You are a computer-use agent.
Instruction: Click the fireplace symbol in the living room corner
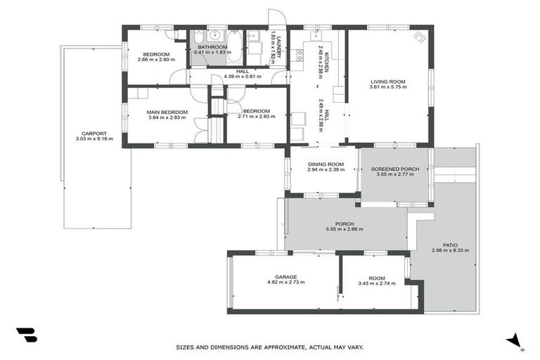(x=419, y=37)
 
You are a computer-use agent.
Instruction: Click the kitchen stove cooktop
(x=299, y=53)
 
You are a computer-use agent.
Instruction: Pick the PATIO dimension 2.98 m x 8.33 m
(x=450, y=250)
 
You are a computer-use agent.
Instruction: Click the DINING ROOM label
(x=324, y=165)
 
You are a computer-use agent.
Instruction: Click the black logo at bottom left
(x=26, y=335)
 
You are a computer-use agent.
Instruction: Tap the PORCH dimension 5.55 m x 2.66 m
(x=345, y=229)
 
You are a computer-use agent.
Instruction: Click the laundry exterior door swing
(x=276, y=19)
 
